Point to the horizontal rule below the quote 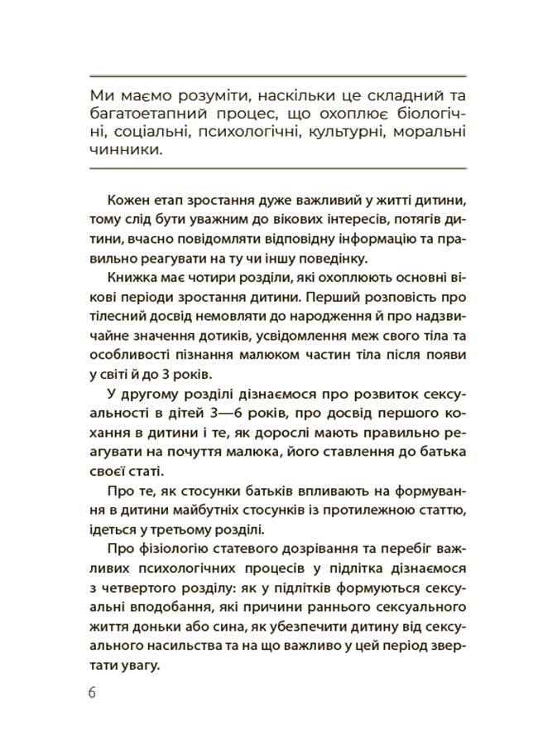tap(276, 168)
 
